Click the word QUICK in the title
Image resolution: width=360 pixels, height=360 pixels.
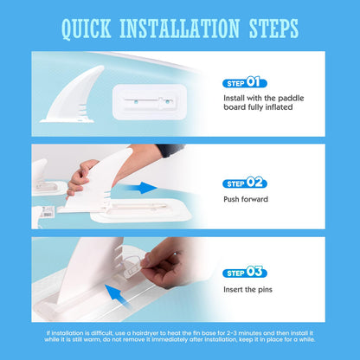point(87,29)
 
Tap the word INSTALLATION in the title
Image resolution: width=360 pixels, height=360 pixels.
point(180,29)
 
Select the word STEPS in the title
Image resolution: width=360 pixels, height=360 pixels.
point(273,29)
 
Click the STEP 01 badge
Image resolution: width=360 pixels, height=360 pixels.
point(245,83)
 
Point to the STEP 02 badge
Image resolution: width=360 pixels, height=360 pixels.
point(245,183)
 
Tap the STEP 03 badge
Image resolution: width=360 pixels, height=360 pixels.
point(245,272)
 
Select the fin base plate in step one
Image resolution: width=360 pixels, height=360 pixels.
point(150,102)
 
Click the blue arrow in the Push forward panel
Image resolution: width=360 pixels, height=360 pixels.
point(141,188)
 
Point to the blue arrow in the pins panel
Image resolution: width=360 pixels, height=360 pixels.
point(118,295)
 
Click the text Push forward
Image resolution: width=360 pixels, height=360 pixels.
point(246,199)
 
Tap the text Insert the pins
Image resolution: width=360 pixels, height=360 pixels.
point(247,290)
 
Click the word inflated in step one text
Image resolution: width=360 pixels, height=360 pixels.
point(279,107)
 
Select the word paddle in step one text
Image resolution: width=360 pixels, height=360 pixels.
point(291,98)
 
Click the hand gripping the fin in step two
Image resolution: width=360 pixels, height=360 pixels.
point(79,178)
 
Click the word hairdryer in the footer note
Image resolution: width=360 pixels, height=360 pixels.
point(147,333)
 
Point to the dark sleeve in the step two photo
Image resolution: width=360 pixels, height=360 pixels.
point(170,150)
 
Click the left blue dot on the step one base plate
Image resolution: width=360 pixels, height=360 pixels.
point(136,101)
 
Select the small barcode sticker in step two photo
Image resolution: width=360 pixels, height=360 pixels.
point(46,212)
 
